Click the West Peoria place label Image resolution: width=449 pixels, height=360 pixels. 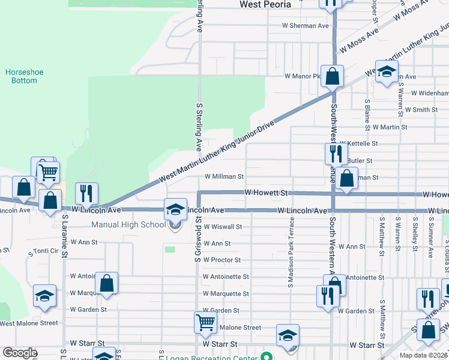(x=265, y=4)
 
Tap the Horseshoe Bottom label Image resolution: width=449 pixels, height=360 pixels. (x=21, y=76)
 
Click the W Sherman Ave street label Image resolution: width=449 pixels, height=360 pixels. (x=307, y=26)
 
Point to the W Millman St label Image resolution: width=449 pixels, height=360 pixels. (x=224, y=177)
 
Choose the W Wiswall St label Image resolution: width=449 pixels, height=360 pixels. (x=222, y=227)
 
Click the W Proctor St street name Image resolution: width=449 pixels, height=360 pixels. (x=221, y=260)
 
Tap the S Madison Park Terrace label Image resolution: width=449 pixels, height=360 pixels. (x=291, y=256)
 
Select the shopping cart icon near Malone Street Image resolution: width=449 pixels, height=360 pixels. (x=205, y=323)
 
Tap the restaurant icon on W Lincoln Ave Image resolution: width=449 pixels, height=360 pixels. (x=86, y=193)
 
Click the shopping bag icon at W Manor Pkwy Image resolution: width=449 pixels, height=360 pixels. (x=331, y=76)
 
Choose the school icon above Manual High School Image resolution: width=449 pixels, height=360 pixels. (x=175, y=209)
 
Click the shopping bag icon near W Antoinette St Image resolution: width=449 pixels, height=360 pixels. (x=106, y=283)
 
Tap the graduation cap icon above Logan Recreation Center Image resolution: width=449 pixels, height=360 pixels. (x=288, y=335)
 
